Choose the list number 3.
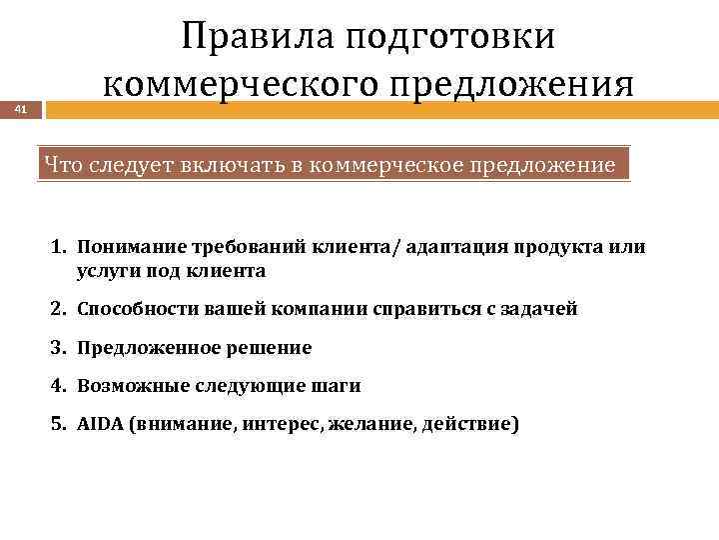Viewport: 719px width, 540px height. [x=59, y=348]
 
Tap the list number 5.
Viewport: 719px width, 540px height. [x=59, y=423]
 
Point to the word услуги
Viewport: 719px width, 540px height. [x=106, y=270]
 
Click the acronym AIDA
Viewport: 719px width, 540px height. [x=96, y=423]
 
